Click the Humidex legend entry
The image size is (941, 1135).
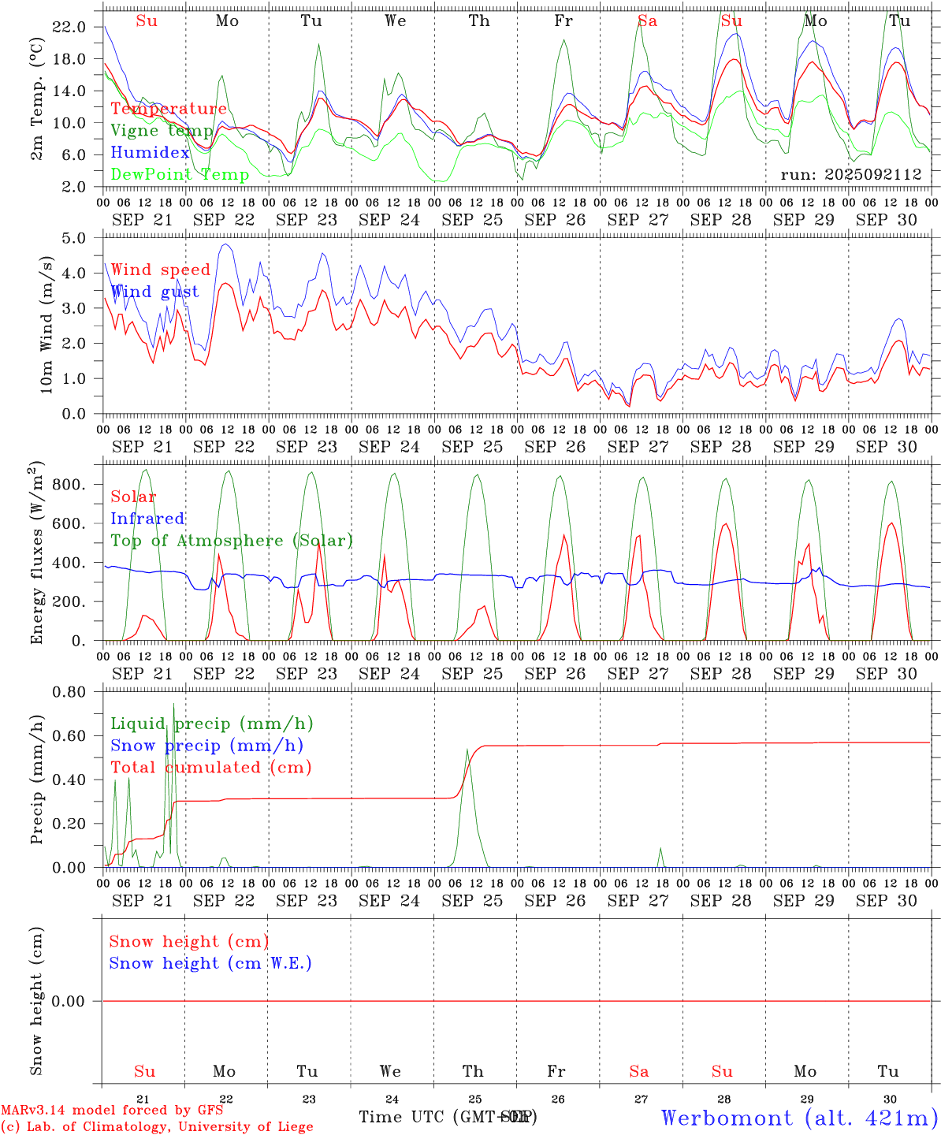[x=150, y=153]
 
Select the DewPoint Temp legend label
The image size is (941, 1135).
[x=180, y=174]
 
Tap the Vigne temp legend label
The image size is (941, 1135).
[x=161, y=131]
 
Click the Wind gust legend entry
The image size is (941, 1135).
[x=154, y=292]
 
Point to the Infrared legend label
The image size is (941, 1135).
[x=147, y=519]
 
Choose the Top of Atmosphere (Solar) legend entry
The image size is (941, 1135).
[x=231, y=541]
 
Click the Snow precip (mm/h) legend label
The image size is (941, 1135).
[x=206, y=746]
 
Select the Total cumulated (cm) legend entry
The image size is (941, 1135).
[x=210, y=767]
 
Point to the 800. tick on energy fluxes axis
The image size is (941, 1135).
[x=69, y=484]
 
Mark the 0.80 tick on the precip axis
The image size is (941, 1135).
[x=69, y=692]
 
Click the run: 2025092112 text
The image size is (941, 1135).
[x=850, y=174]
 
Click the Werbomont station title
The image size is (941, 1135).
[x=799, y=1118]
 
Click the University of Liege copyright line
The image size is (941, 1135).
[x=158, y=1126]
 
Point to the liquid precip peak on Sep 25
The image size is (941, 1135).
[x=467, y=750]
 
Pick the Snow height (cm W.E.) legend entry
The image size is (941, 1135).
[x=210, y=963]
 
